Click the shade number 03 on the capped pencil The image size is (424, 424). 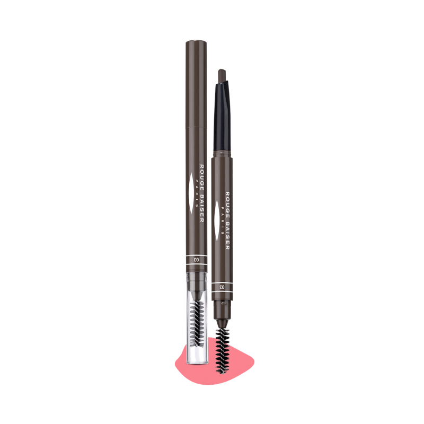tap(196, 260)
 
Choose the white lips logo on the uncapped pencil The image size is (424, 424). tap(217, 220)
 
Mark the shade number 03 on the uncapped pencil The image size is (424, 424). tap(222, 287)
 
